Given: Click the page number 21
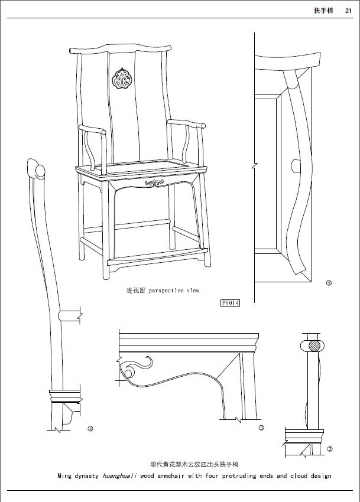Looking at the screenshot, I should coord(348,10).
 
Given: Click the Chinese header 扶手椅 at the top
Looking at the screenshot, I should coord(323,10).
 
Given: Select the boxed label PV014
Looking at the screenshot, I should coord(230,303).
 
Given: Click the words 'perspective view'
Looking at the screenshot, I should coord(174,291).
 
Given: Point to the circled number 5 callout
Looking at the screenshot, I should coord(329,283).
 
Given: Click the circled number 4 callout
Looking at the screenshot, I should coord(90,429).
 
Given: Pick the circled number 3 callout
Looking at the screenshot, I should coord(261,428).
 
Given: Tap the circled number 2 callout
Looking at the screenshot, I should coord(329,449).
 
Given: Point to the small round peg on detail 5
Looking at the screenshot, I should coord(294,164).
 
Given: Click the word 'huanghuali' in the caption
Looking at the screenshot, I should coord(121,476).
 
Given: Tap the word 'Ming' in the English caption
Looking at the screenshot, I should coord(64,476).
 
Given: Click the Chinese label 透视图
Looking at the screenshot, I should coord(135,291).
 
